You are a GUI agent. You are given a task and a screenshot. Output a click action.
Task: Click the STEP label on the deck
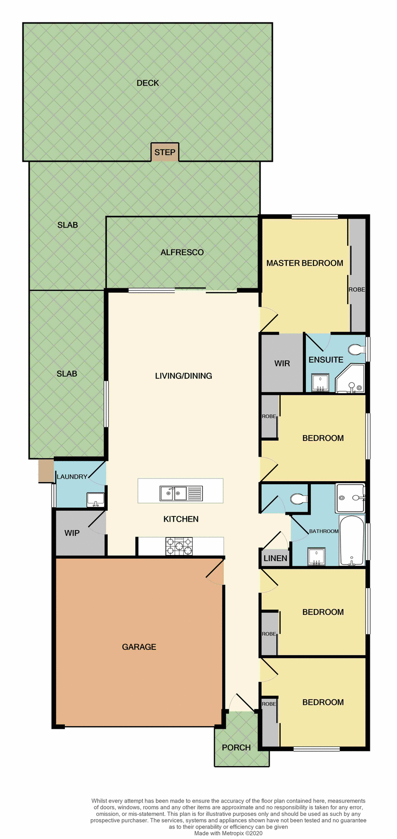165,153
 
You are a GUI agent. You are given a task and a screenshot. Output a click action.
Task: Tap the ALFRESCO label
182,253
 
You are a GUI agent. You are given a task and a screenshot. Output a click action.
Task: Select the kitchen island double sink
173,493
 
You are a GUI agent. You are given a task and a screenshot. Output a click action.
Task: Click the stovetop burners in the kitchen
179,546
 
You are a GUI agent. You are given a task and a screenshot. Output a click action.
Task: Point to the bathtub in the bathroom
352,541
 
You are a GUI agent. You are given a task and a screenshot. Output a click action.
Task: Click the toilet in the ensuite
356,350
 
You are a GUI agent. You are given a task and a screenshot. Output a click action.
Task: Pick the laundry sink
95,499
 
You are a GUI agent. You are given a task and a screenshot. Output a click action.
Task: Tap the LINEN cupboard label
275,558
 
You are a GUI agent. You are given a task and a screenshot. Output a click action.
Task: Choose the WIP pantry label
72,533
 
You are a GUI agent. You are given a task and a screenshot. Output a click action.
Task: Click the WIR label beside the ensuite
282,364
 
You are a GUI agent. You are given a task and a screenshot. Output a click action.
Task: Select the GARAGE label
139,647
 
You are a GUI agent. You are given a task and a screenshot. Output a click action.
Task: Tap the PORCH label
236,748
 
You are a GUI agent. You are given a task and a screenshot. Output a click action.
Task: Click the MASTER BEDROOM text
305,263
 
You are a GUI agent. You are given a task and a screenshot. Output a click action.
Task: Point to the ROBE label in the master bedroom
357,290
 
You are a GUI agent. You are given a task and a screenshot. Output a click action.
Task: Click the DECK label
148,83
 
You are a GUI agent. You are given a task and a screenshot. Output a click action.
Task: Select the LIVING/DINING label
183,376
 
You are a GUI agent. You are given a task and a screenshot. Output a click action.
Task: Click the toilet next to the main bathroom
299,499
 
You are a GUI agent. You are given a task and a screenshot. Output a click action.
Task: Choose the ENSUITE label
326,360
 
